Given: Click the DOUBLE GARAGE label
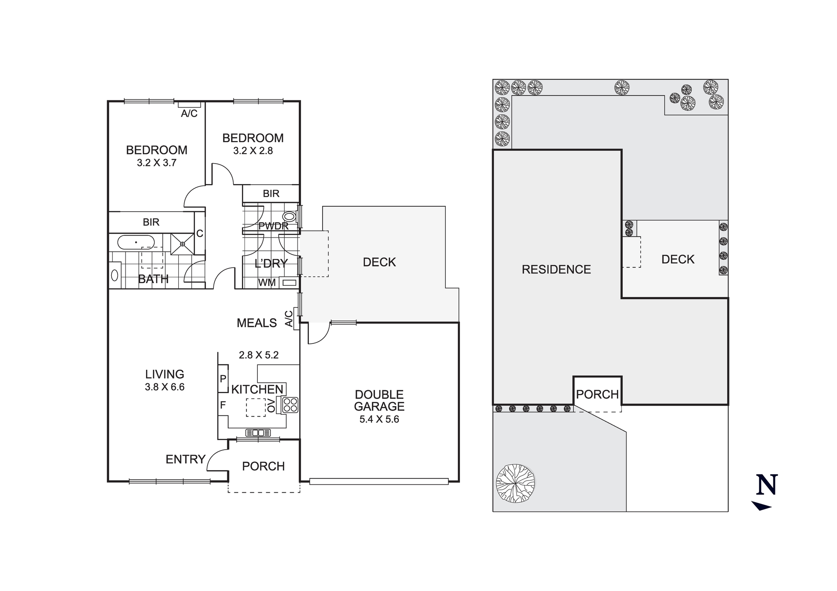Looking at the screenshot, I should click(379, 400).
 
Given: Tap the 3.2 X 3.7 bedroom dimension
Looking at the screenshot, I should click(157, 163).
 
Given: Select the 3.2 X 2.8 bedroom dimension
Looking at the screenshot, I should click(253, 151).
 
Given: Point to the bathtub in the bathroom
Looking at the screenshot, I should click(136, 242).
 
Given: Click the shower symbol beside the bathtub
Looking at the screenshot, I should click(182, 244).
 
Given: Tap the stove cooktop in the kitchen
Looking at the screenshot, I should click(290, 405).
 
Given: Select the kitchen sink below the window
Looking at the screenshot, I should click(258, 433).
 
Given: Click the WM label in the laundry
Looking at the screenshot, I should click(267, 283).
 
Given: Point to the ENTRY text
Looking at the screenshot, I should click(185, 460).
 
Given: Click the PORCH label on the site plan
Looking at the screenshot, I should click(597, 394).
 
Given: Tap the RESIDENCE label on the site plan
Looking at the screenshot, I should click(556, 270).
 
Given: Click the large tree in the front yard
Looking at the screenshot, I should click(515, 483).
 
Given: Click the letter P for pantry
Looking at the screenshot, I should click(223, 379).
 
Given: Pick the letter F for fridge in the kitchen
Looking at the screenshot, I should click(223, 405).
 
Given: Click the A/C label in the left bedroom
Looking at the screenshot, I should click(189, 113).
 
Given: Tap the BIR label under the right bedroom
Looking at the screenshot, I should click(271, 194).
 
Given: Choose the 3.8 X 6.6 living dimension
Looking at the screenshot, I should click(164, 387).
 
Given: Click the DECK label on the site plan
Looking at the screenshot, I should click(678, 259).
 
